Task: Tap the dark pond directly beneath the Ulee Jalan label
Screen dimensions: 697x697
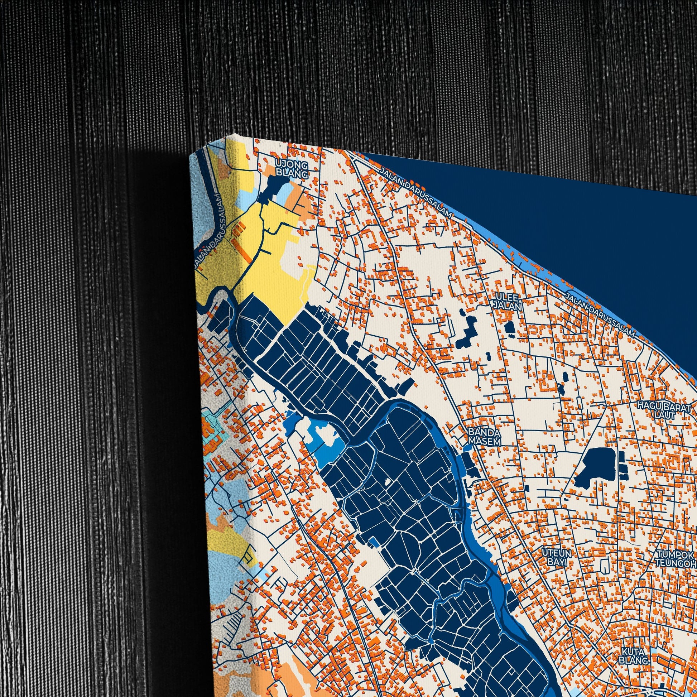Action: pos(510,327)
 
